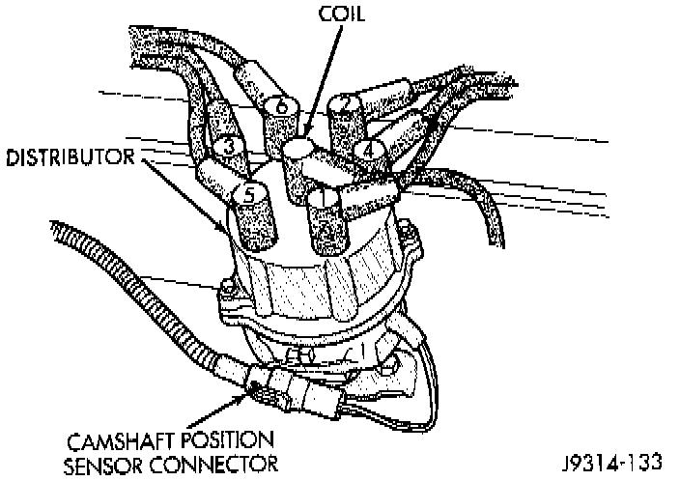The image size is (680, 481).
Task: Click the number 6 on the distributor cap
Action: [281, 107]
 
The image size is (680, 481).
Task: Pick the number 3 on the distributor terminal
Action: [228, 147]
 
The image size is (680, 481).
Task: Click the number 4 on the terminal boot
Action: [367, 151]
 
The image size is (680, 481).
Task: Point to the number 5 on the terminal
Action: [248, 194]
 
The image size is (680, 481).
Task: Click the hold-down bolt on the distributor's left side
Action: [228, 290]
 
